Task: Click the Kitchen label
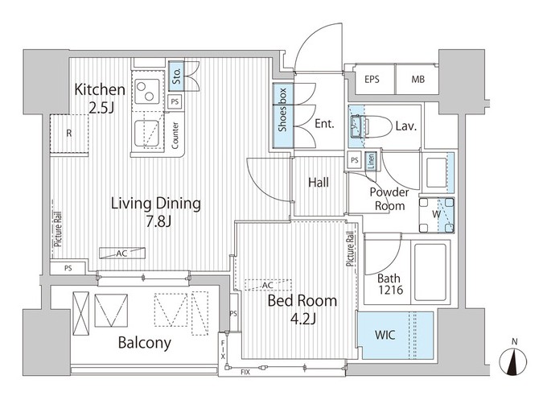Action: tap(100, 90)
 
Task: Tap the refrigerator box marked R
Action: tap(69, 134)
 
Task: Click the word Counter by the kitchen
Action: tap(175, 135)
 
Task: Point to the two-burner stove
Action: tap(147, 92)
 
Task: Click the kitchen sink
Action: tap(147, 134)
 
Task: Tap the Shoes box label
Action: tap(282, 110)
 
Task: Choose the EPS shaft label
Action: tap(372, 80)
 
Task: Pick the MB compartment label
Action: tap(418, 80)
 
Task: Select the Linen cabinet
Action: tap(371, 161)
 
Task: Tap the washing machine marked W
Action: tap(436, 215)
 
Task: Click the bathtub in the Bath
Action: tap(430, 273)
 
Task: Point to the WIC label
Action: tap(385, 335)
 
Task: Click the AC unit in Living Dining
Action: tap(122, 254)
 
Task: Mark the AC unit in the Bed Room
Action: tap(268, 285)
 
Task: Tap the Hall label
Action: tap(319, 183)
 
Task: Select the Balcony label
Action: tap(145, 343)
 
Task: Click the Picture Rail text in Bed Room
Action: tap(351, 249)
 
